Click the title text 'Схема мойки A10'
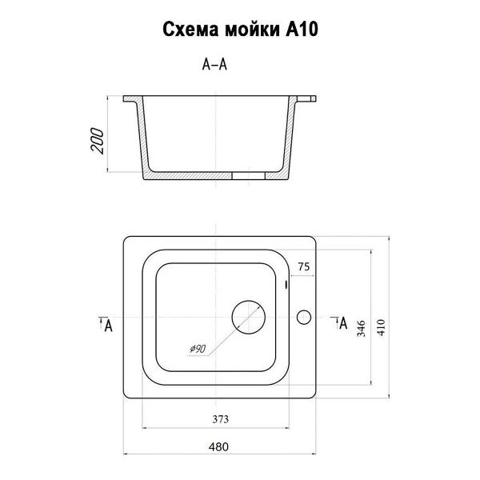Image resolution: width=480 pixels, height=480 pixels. [240, 30]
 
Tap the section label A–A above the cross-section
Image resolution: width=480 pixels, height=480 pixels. [214, 65]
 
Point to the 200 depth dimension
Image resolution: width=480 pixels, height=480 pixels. [98, 141]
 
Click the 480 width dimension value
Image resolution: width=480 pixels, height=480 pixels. [218, 447]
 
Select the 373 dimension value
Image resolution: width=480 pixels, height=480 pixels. [221, 419]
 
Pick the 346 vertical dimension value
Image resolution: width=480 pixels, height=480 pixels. [362, 329]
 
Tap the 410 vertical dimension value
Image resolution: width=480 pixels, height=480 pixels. [381, 327]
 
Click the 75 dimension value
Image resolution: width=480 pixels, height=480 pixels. [304, 266]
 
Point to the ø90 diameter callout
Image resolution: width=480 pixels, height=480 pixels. [198, 349]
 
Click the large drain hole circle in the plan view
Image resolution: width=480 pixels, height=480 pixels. [249, 301]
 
